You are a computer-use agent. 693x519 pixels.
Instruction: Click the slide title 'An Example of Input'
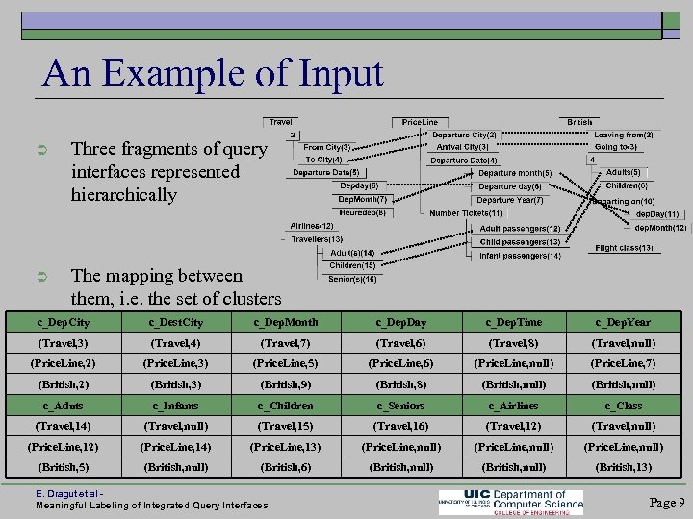[x=213, y=73]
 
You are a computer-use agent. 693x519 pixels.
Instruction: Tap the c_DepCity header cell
[x=64, y=322]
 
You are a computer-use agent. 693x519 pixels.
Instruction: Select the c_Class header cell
[x=624, y=406]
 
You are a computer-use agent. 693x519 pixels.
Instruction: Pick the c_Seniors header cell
[x=400, y=406]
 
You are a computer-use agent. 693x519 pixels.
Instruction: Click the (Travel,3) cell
[x=64, y=343]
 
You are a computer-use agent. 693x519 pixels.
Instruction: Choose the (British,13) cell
[x=624, y=467]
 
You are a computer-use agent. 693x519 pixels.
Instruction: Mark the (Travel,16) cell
[x=400, y=426]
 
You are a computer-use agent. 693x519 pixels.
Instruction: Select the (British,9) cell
[x=286, y=384]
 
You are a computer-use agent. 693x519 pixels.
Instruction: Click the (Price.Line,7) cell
[x=624, y=364]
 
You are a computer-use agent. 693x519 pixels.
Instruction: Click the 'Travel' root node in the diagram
[x=281, y=122]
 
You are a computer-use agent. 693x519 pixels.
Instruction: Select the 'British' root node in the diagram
[x=579, y=122]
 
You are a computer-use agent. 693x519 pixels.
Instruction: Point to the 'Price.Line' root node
[x=420, y=122]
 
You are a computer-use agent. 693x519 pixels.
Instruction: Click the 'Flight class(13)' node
[x=624, y=248]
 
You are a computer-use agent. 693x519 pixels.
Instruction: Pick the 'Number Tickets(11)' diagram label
[x=466, y=212]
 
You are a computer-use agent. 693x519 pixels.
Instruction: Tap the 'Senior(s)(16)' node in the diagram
[x=351, y=279]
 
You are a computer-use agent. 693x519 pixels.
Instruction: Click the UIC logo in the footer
[x=509, y=501]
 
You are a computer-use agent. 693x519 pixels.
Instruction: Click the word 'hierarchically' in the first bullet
[x=124, y=195]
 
